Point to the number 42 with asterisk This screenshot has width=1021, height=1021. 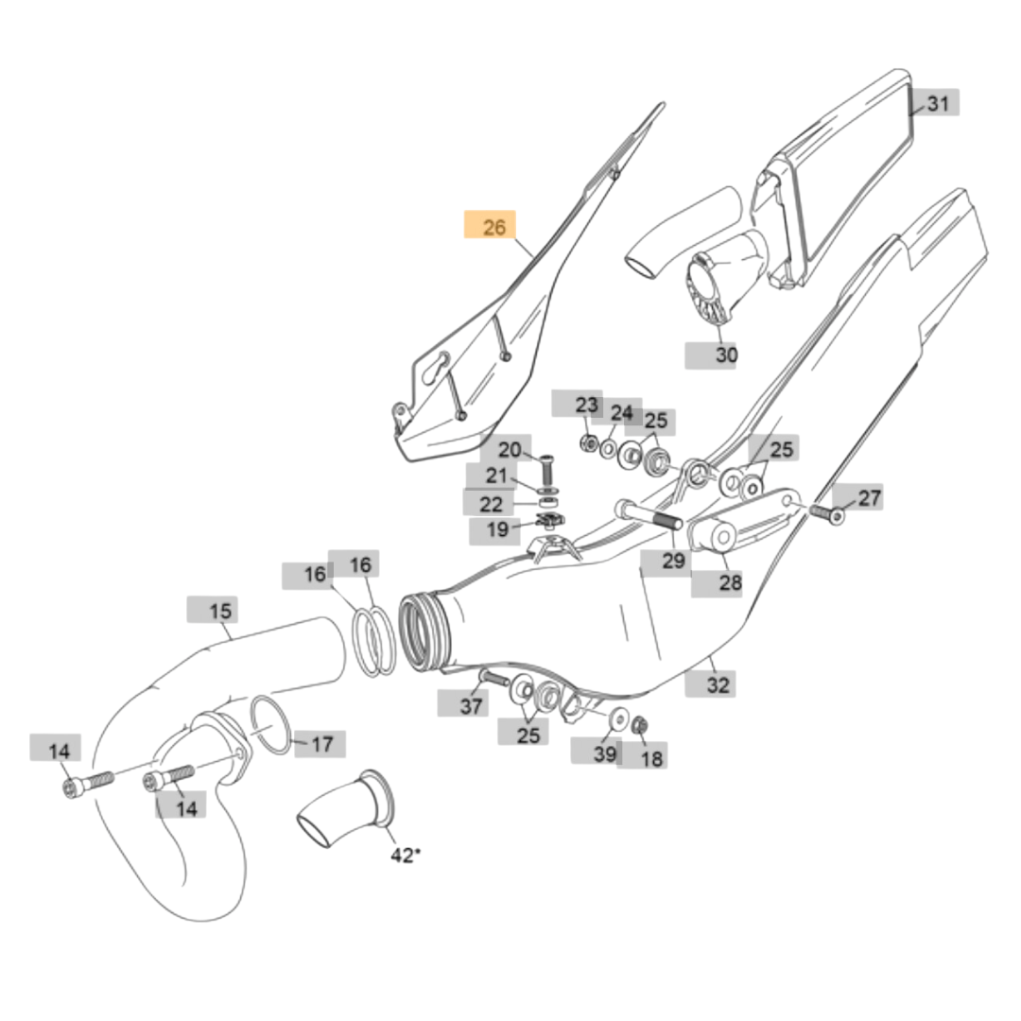[405, 855]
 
